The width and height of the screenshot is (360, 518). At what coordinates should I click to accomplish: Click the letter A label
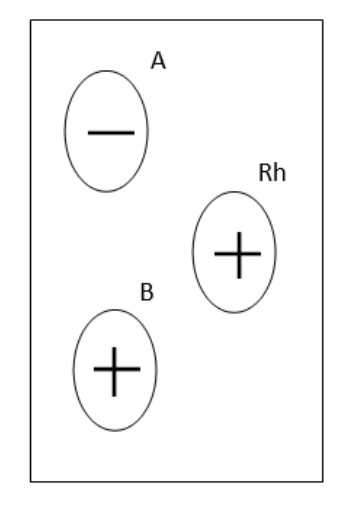pyautogui.click(x=158, y=61)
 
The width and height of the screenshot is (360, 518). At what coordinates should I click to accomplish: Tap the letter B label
pyautogui.click(x=147, y=292)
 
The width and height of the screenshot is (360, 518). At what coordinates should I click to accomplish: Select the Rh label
pyautogui.click(x=272, y=173)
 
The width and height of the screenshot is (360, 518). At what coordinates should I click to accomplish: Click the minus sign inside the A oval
pyautogui.click(x=111, y=133)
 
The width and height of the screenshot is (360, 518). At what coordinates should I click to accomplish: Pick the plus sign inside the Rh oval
pyautogui.click(x=238, y=255)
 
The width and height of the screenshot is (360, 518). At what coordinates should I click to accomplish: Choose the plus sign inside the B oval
pyautogui.click(x=117, y=371)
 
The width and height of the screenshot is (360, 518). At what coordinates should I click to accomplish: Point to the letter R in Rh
pyautogui.click(x=265, y=173)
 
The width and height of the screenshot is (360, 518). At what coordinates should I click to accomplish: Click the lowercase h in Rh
pyautogui.click(x=280, y=173)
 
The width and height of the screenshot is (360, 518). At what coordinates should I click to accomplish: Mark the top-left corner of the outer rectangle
pyautogui.click(x=31, y=20)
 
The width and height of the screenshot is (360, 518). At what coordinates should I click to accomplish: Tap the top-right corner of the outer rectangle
pyautogui.click(x=323, y=20)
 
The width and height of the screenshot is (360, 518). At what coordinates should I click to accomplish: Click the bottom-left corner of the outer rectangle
pyautogui.click(x=31, y=482)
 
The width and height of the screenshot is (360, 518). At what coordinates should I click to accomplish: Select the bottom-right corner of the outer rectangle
pyautogui.click(x=323, y=482)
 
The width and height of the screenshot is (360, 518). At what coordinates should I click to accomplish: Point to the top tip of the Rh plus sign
pyautogui.click(x=239, y=232)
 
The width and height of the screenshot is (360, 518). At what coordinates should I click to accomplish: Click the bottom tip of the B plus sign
pyautogui.click(x=114, y=396)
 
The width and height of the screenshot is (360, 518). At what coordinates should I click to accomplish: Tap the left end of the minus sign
pyautogui.click(x=88, y=133)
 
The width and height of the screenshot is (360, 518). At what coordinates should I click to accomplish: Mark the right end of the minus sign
pyautogui.click(x=134, y=133)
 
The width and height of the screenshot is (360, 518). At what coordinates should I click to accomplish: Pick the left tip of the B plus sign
pyautogui.click(x=94, y=369)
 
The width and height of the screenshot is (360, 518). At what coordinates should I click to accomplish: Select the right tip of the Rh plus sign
pyautogui.click(x=261, y=254)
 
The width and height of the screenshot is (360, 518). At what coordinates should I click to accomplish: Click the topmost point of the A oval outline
pyautogui.click(x=106, y=71)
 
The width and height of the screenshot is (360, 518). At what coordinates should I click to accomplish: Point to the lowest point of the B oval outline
pyautogui.click(x=115, y=431)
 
